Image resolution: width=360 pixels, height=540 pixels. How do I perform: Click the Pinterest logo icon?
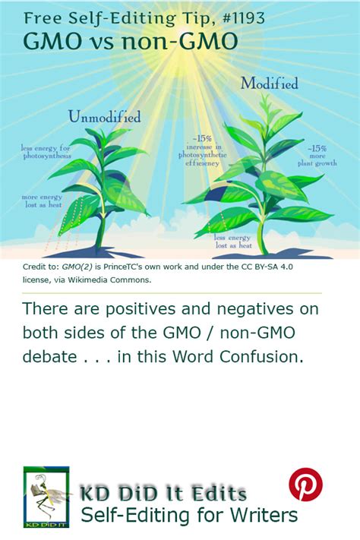click(305, 484)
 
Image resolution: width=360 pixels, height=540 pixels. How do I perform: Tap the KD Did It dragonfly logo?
click(46, 497)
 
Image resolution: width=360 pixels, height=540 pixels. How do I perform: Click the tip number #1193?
click(244, 18)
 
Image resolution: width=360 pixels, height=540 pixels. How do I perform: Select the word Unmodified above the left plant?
click(104, 117)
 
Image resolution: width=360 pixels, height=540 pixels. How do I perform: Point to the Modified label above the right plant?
click(269, 84)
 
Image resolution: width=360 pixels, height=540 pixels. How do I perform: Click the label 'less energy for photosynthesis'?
click(46, 152)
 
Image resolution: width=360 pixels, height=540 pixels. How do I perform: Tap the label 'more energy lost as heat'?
click(42, 201)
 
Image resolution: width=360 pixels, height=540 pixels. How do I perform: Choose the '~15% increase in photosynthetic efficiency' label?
click(203, 151)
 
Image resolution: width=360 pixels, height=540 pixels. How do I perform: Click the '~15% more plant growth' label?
click(317, 156)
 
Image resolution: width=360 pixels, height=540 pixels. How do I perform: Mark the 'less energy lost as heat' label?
click(233, 241)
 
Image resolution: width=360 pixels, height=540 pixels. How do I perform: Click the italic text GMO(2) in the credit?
click(77, 267)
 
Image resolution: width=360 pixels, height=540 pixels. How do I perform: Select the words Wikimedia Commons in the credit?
click(109, 279)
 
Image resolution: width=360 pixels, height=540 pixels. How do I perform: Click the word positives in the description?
click(141, 309)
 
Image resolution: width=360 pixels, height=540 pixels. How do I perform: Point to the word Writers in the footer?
click(264, 515)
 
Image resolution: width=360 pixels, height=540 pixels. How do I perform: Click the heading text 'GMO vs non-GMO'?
click(130, 41)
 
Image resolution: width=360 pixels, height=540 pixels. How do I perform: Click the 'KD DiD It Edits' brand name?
click(163, 493)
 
